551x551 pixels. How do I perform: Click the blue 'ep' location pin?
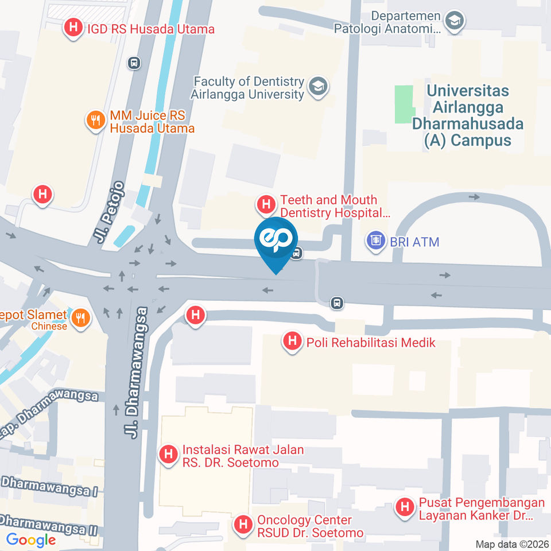click(276, 240)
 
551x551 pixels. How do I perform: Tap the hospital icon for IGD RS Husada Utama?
click(73, 28)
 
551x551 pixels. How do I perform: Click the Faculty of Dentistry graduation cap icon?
click(316, 87)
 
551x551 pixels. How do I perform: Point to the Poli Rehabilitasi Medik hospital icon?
click(293, 342)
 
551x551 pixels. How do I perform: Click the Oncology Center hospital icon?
click(243, 525)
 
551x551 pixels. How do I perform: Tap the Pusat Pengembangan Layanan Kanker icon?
click(405, 508)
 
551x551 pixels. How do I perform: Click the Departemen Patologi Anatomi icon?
click(455, 21)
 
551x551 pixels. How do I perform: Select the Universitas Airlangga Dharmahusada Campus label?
click(468, 115)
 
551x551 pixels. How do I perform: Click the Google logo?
click(31, 540)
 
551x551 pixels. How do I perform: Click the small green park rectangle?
click(404, 103)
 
